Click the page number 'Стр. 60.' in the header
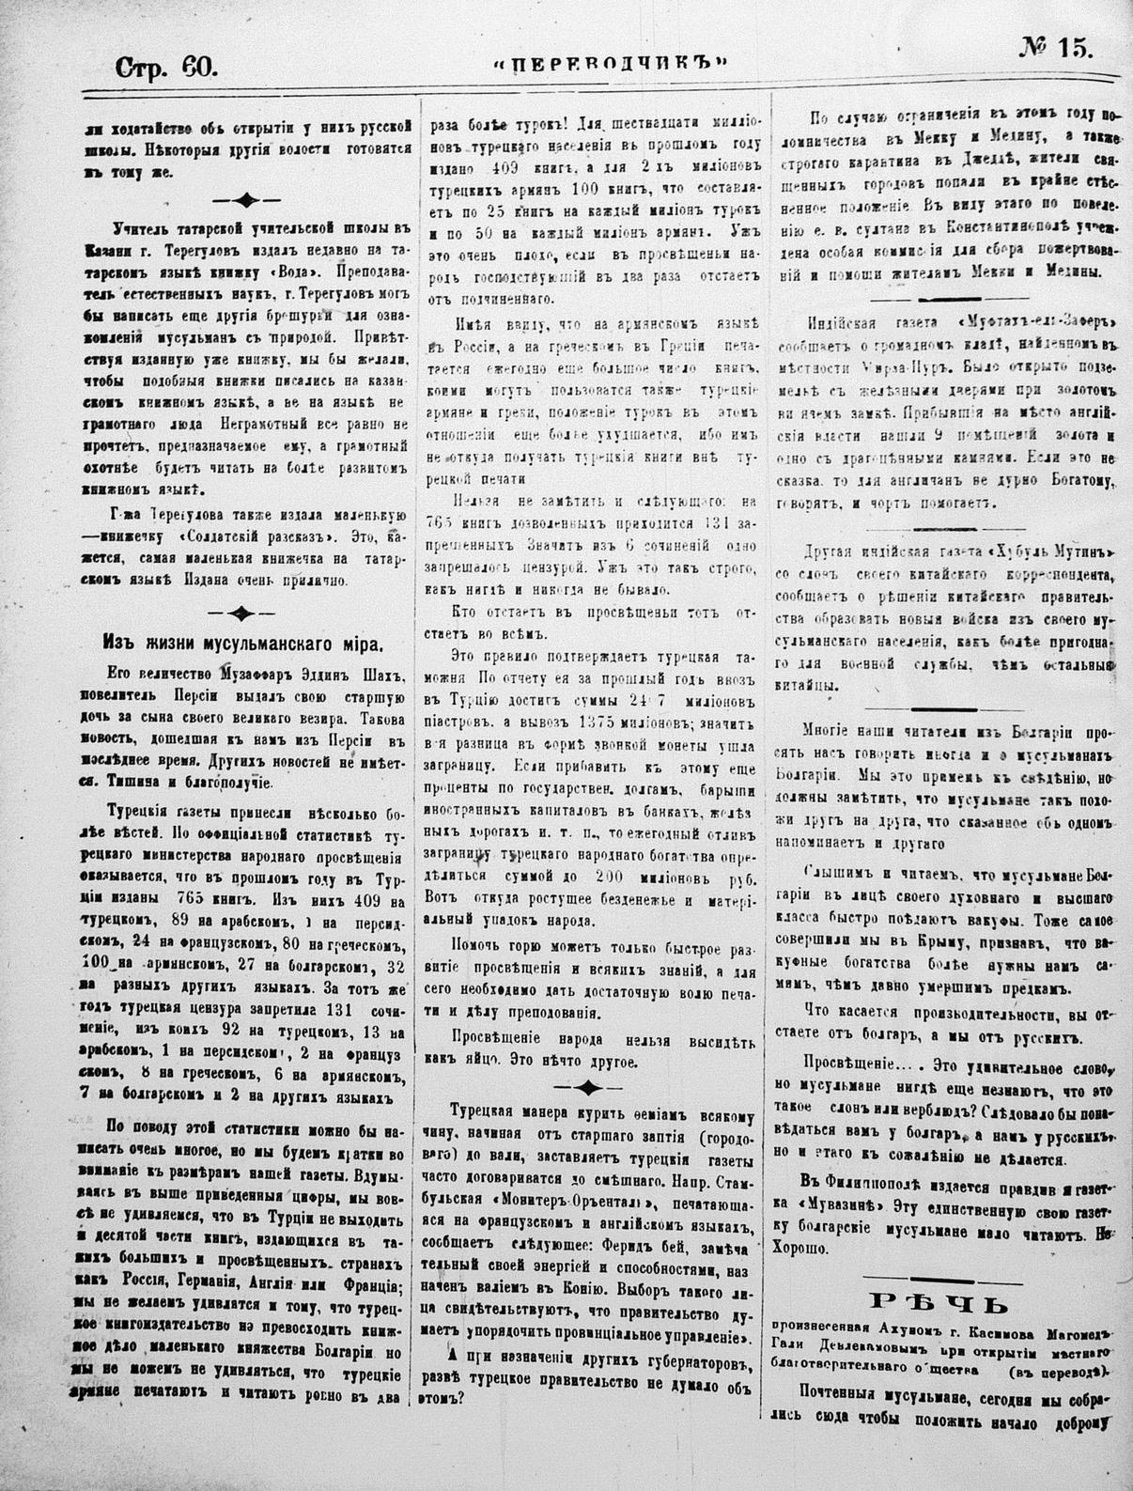165,67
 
